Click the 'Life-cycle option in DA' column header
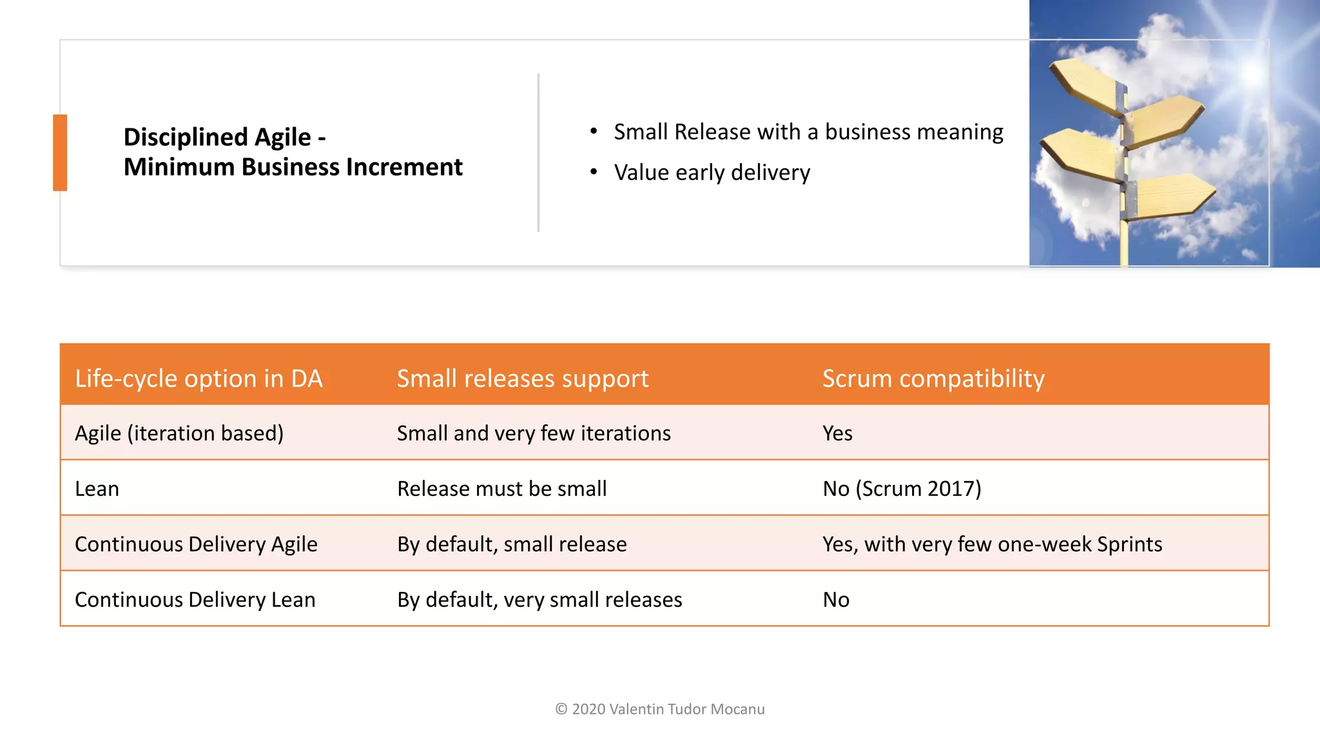click(x=199, y=379)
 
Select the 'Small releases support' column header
click(x=522, y=379)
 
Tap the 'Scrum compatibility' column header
click(x=933, y=379)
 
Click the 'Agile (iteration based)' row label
click(x=179, y=433)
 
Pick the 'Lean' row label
click(x=97, y=489)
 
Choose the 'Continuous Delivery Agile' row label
click(x=196, y=544)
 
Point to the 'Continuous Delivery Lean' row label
click(x=195, y=600)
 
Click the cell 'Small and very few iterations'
click(x=534, y=433)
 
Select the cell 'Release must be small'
click(x=501, y=489)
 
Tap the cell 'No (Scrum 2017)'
click(x=902, y=489)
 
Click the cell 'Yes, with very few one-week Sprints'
click(x=992, y=544)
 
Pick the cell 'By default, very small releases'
click(x=539, y=600)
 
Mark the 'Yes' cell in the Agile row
click(x=837, y=433)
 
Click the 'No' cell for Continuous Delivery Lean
click(x=836, y=600)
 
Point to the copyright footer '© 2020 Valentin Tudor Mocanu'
click(x=660, y=709)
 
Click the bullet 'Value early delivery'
click(x=712, y=173)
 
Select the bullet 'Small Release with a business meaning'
click(x=808, y=132)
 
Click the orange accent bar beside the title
click(x=60, y=152)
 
